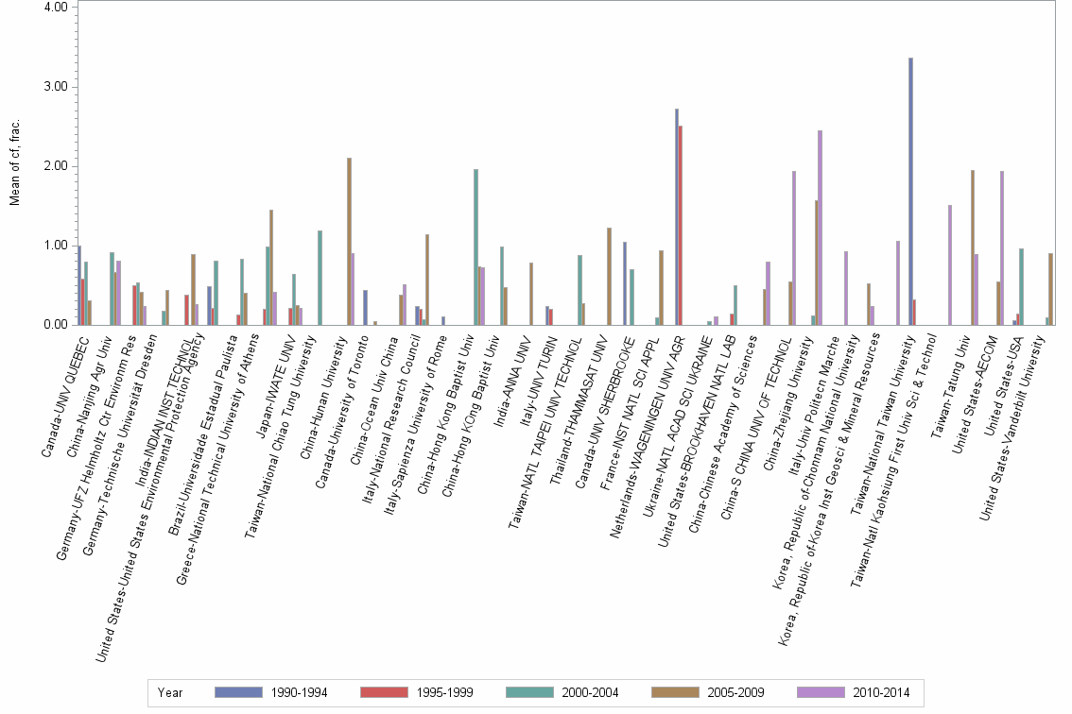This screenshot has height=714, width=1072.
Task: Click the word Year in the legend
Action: coord(171,693)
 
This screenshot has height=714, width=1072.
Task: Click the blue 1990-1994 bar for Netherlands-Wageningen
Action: coord(677,216)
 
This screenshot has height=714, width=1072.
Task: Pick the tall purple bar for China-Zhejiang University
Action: coord(821,228)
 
